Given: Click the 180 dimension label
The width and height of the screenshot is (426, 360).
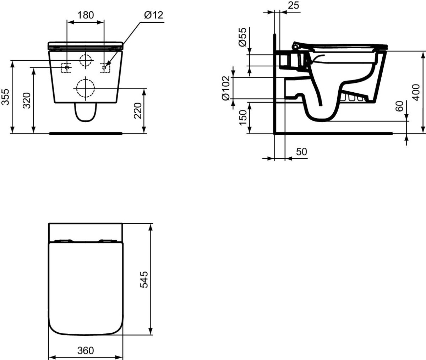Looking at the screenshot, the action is (86, 15).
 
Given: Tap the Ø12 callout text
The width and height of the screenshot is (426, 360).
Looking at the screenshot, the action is (154, 15).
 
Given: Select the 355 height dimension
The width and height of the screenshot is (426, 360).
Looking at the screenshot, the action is (6, 97).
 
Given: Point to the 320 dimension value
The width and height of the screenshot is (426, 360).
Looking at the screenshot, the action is (27, 100).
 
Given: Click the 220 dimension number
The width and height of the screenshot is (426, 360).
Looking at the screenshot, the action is (138, 111).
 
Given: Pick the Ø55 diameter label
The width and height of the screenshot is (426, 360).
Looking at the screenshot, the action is (242, 37).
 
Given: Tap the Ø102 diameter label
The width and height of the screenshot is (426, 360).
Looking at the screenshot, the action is (226, 88).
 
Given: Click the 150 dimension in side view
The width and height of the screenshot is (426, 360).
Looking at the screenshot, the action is (243, 118).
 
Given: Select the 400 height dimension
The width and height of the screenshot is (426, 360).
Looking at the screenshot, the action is (416, 92).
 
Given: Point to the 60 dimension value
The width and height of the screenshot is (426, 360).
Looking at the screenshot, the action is (399, 106).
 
